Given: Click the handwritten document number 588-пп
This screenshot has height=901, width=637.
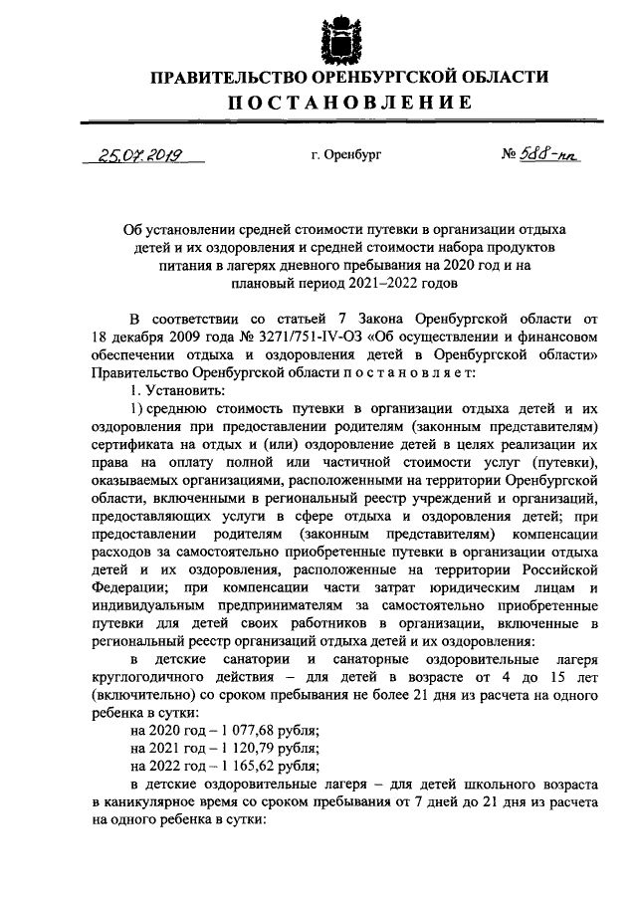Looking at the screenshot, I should pyautogui.click(x=549, y=155).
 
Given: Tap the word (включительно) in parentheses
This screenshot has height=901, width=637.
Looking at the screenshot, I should pyautogui.click(x=138, y=695).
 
